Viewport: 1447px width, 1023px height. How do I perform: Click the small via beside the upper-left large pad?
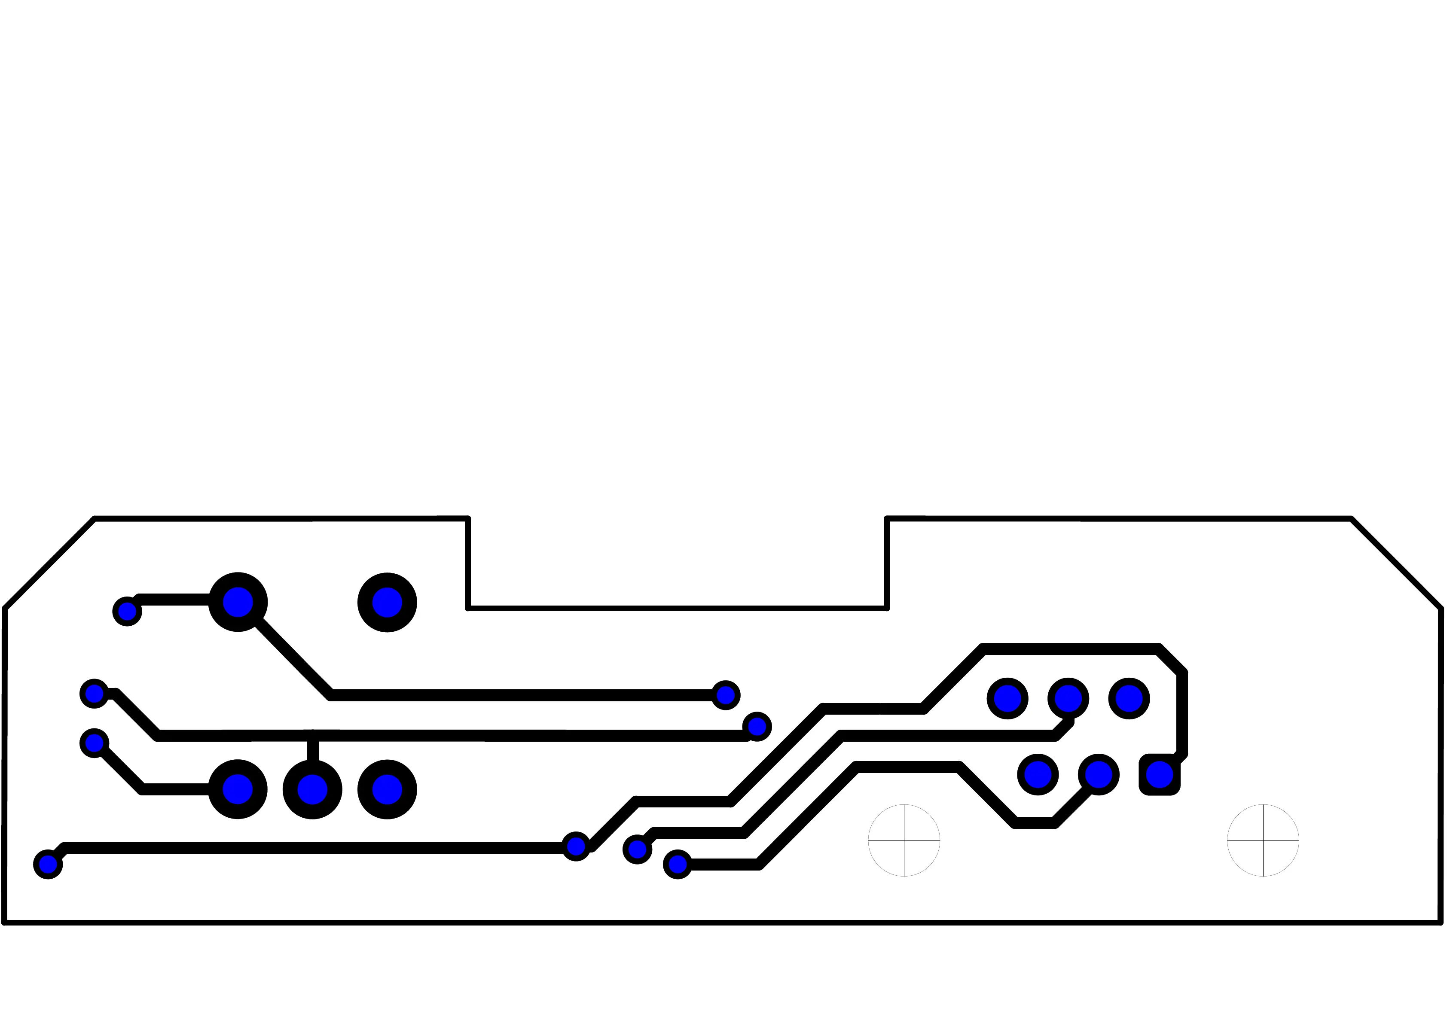click(127, 611)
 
